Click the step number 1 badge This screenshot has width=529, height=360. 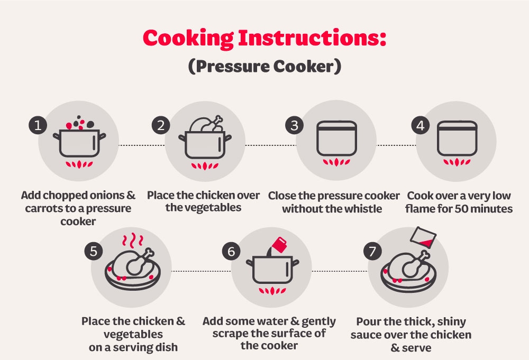point(38,125)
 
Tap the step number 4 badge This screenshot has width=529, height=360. point(421,125)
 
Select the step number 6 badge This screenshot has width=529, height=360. point(232,252)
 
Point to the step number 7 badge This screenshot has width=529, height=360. point(372,252)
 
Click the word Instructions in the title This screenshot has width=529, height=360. point(312,38)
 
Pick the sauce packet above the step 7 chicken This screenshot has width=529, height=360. point(423,237)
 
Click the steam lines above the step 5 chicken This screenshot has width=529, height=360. point(133,240)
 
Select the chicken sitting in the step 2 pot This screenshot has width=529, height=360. point(206,124)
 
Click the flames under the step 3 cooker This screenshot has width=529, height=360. point(336,162)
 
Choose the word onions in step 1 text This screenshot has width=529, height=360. point(104,196)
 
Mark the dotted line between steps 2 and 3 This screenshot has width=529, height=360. point(270,145)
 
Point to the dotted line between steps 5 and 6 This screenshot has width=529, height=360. point(201,271)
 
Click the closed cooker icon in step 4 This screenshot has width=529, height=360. point(457,138)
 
